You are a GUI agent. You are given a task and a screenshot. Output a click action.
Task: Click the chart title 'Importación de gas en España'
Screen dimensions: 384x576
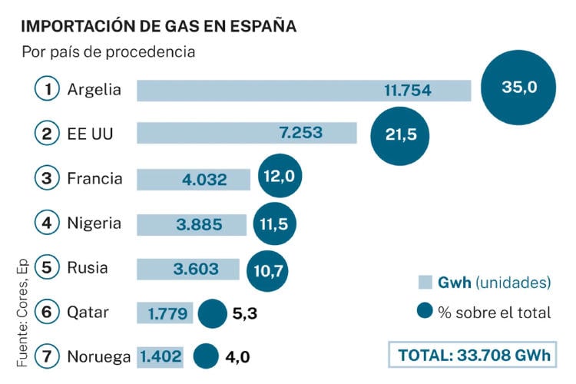tap(158, 26)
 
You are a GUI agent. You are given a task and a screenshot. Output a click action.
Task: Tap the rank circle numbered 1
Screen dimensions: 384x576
tap(48, 89)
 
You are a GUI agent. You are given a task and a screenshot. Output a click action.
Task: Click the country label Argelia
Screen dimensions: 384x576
tap(94, 89)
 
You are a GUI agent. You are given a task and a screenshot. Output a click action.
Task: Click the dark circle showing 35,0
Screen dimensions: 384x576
tap(518, 87)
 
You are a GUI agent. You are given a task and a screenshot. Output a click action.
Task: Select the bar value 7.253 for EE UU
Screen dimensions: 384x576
tap(302, 133)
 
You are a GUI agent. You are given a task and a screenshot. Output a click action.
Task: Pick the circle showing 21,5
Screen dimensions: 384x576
tap(400, 134)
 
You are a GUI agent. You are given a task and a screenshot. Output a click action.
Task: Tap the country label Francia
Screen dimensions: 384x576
tap(94, 179)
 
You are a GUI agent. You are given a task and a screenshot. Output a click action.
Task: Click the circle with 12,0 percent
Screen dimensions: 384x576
tap(280, 177)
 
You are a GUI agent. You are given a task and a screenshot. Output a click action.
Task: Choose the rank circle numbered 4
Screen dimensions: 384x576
tap(48, 223)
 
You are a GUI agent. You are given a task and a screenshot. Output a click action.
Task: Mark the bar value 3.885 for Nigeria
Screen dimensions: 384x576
tap(199, 224)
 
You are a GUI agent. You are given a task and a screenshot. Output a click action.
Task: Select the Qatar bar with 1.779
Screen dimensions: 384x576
tap(164, 313)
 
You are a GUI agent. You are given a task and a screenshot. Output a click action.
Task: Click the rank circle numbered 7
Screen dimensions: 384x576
tap(48, 357)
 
